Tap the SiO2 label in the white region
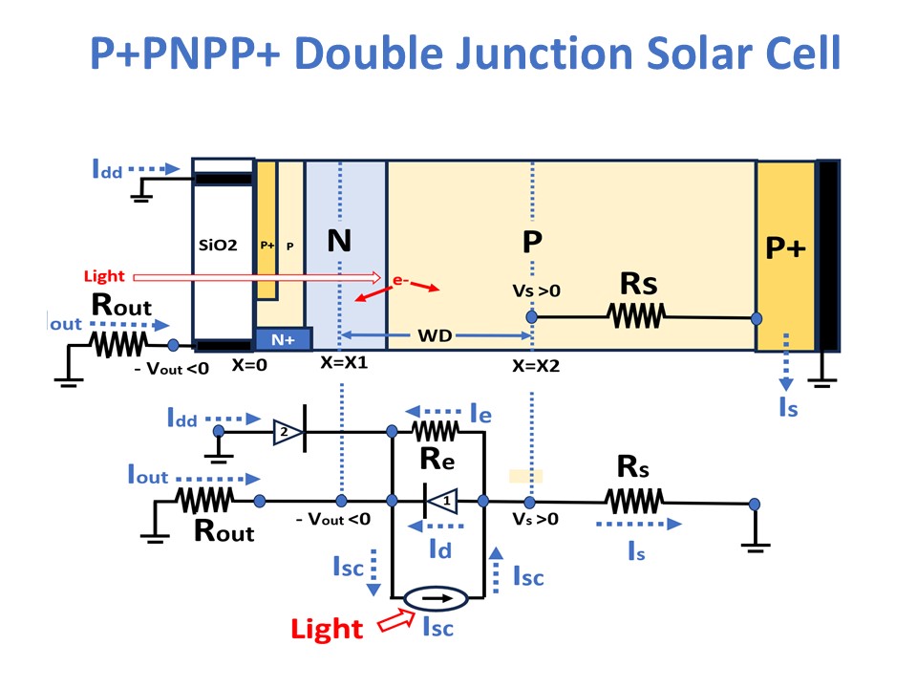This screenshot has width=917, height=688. coord(218,246)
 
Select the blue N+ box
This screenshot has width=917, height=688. coord(284,339)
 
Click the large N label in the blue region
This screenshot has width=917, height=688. coord(339,241)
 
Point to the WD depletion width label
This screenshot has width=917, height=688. coord(435,335)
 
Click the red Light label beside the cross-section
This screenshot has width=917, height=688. coord(104,276)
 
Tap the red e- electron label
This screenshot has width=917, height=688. coord(400,280)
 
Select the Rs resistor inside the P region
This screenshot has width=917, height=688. coord(636,317)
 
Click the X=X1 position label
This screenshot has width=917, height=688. coord(344,363)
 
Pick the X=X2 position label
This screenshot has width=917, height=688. coord(536,366)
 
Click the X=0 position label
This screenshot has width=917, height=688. coord(249,365)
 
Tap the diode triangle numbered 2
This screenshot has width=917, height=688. coord(288,432)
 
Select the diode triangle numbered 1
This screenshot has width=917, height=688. coord(441,501)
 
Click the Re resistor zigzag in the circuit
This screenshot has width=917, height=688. coord(436,432)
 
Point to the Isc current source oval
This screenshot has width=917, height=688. coord(437,598)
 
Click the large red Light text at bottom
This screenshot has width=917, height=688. coord(327,630)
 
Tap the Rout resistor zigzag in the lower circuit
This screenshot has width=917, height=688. coord(204,500)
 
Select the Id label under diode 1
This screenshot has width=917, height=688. coord(440,549)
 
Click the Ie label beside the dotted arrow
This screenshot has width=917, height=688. coord(480,414)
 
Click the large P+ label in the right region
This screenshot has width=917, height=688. coord(785,248)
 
